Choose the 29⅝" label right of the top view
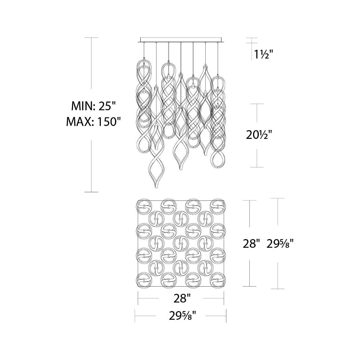[280, 243]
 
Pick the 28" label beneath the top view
[181, 298]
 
